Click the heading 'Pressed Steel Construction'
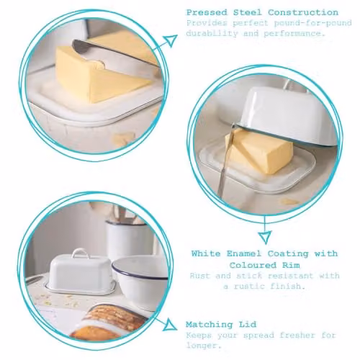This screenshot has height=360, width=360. click(x=262, y=12)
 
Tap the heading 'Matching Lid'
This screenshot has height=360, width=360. click(x=221, y=325)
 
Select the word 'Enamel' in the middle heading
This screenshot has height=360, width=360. click(x=243, y=253)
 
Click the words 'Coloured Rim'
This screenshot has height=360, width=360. click(x=264, y=265)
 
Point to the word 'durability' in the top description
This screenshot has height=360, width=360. click(x=212, y=33)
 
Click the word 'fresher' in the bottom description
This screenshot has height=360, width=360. click(x=297, y=335)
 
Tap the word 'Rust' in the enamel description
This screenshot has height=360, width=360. click(x=199, y=276)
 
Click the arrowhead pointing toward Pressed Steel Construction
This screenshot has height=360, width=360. click(x=171, y=40)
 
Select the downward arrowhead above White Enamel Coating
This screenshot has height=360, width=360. click(x=265, y=237)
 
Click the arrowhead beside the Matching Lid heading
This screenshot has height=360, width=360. click(x=171, y=325)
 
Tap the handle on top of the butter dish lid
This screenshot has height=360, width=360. click(x=78, y=253)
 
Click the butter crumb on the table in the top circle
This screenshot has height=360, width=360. click(x=122, y=139)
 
